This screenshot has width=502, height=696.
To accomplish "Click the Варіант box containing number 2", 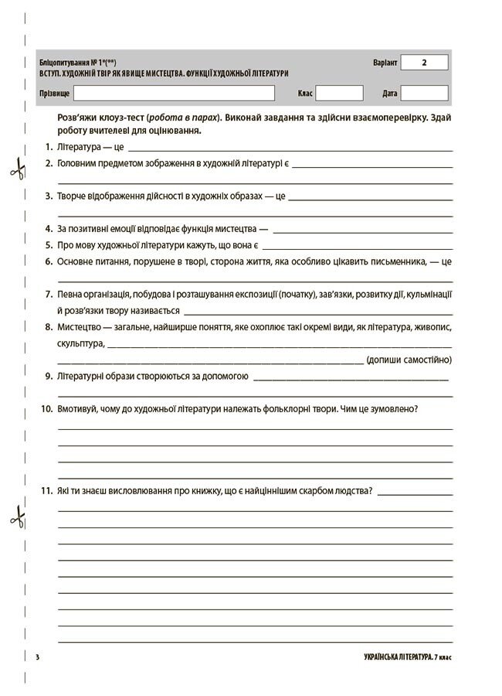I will [x=424, y=63].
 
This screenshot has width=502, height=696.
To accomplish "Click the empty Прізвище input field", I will [x=174, y=93].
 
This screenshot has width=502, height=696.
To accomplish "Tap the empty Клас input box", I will [x=339, y=93].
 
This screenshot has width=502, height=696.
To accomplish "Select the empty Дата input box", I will [x=424, y=93].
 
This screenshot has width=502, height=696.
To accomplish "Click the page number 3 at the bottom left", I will [x=37, y=657].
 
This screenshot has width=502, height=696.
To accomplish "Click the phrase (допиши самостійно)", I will [x=409, y=360].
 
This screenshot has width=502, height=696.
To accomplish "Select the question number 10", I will [x=46, y=408].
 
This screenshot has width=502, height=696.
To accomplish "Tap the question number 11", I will [x=46, y=490].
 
